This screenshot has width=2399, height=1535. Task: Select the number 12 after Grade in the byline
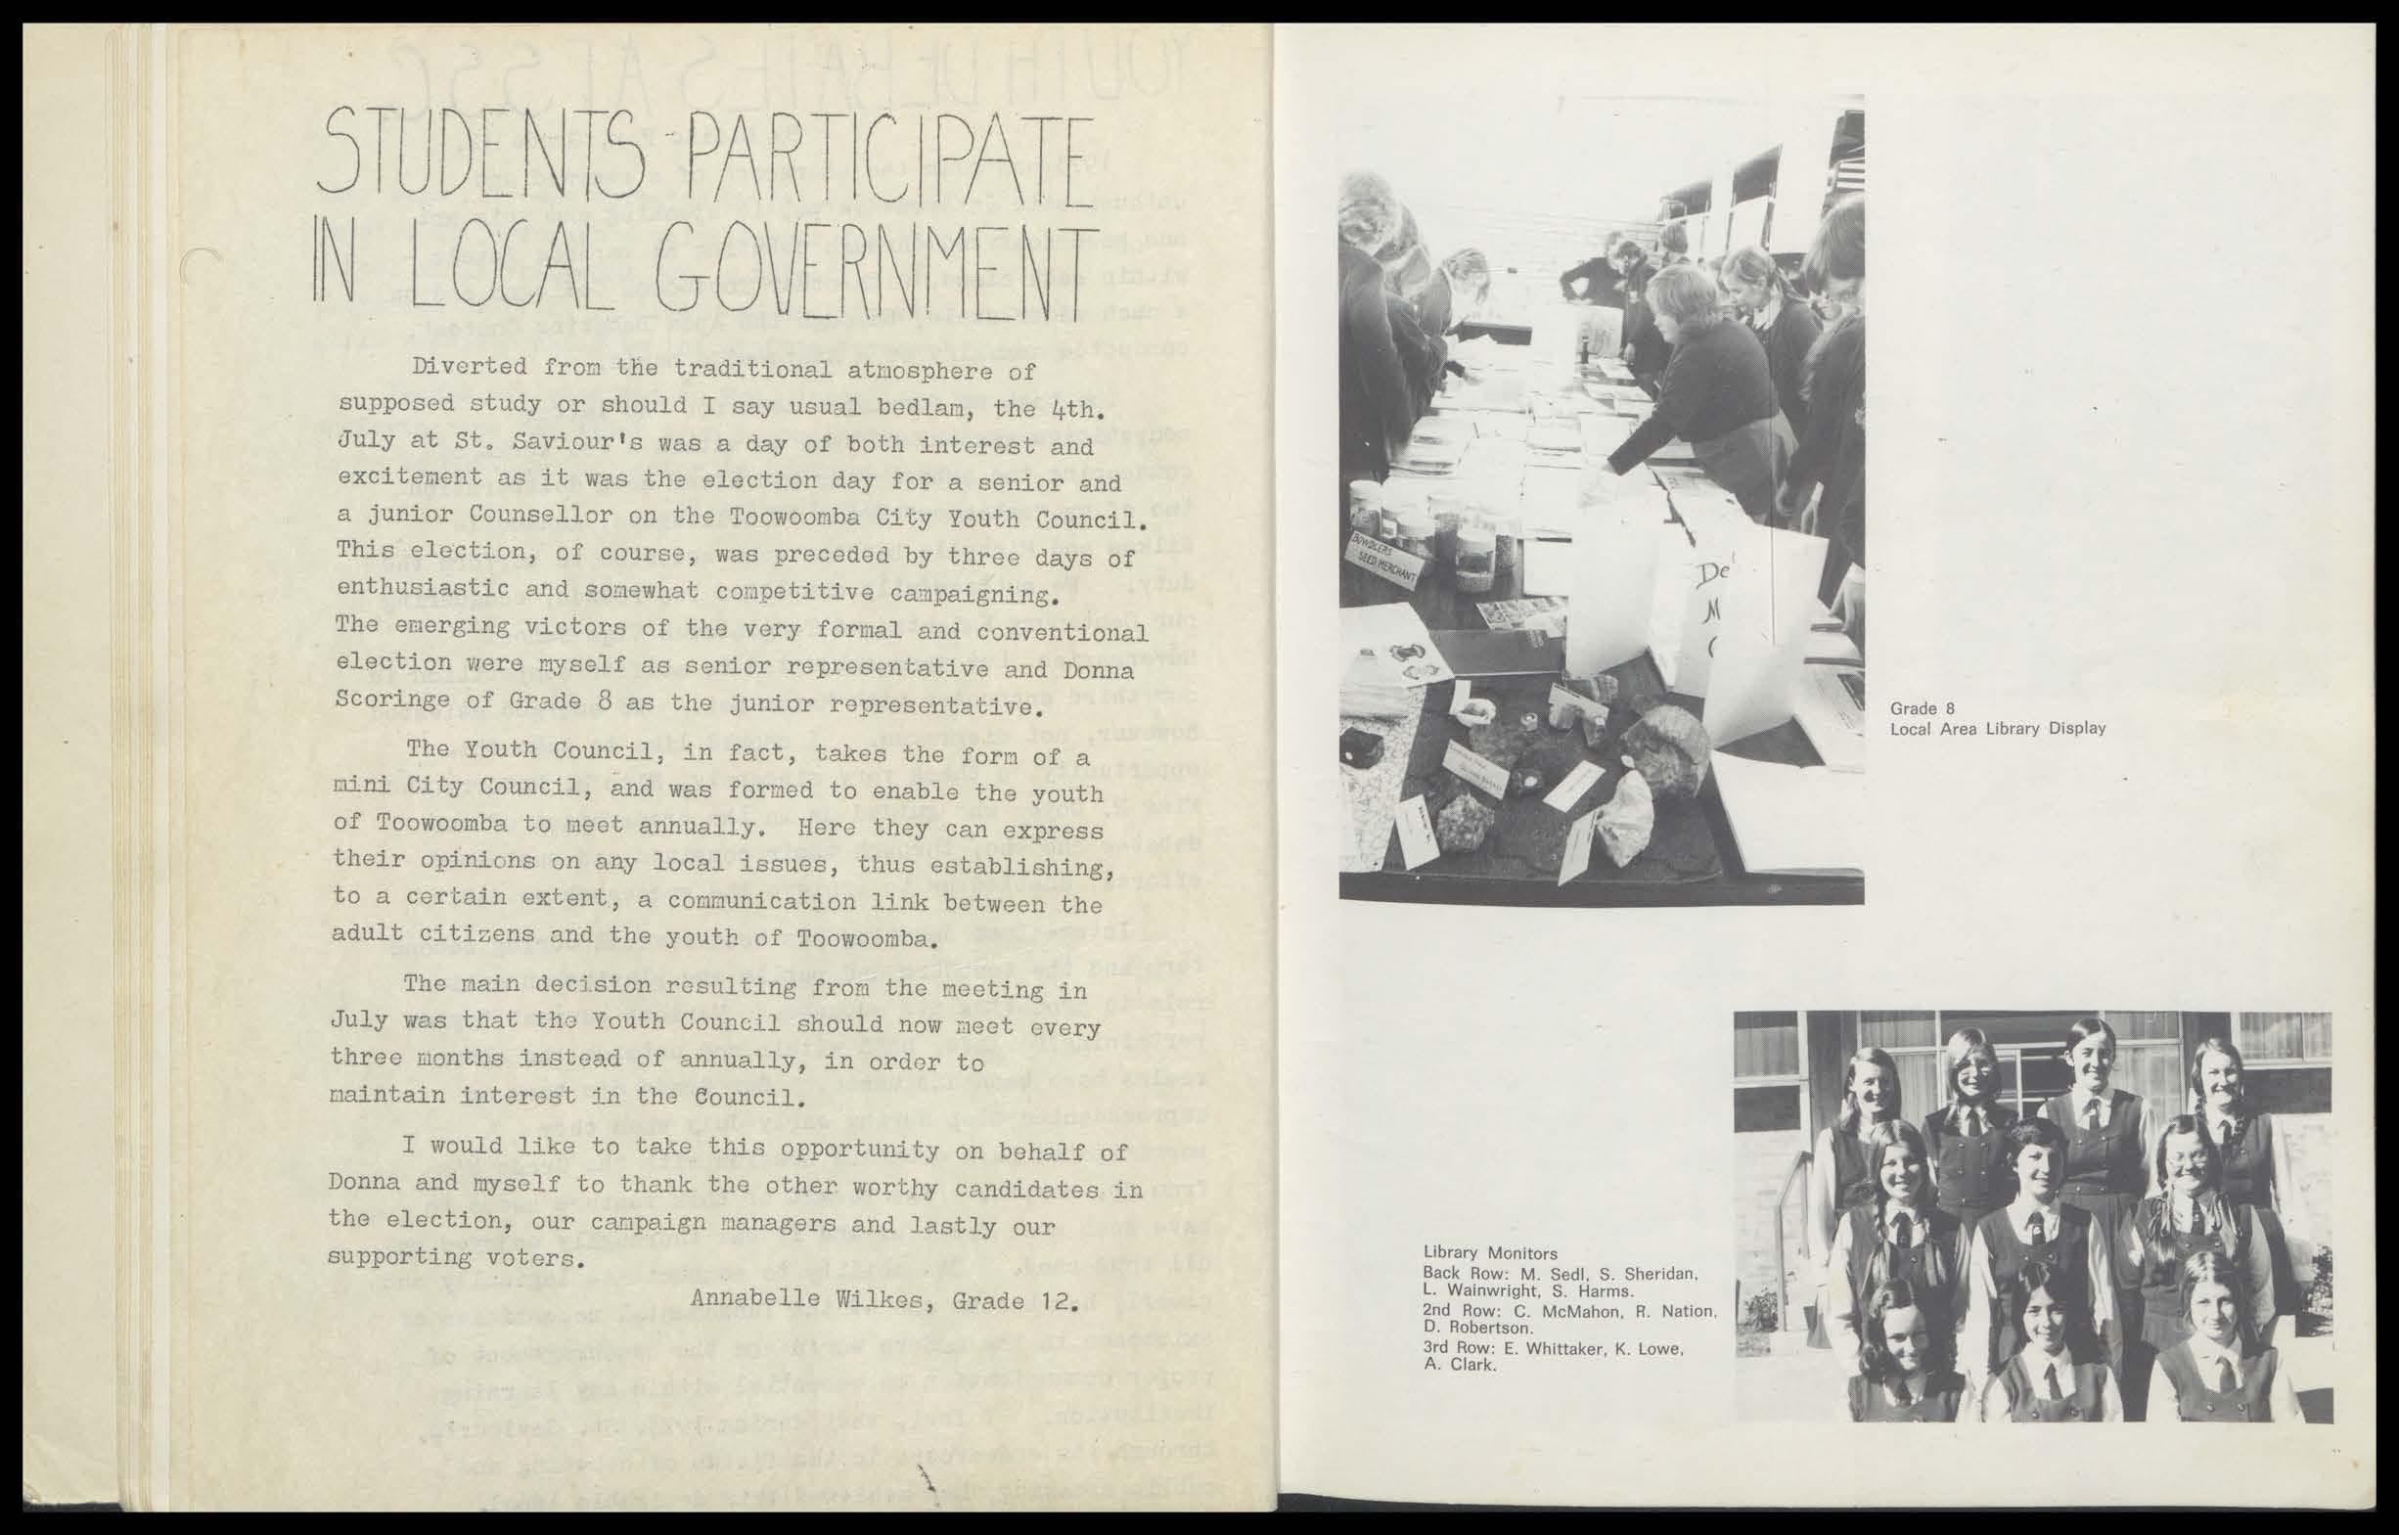(1061, 1302)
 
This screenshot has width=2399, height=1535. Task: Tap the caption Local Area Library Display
(1997, 729)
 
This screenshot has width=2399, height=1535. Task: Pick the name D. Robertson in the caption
(1472, 1328)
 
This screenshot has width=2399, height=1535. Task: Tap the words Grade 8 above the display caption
(1915, 709)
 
